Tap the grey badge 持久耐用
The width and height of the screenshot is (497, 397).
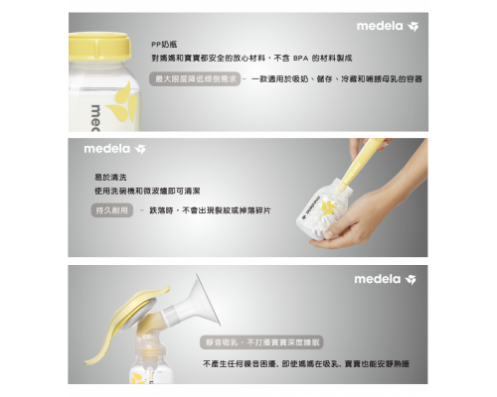tap(111, 210)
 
